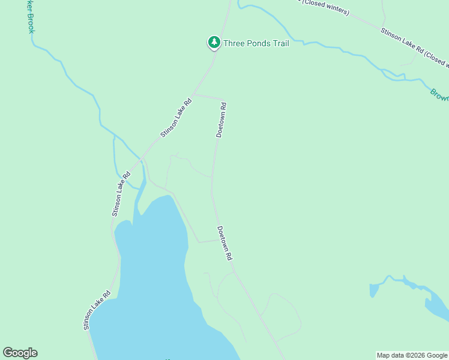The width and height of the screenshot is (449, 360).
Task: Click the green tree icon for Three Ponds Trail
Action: click(214, 43)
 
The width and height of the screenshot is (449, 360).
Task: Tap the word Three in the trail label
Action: click(234, 43)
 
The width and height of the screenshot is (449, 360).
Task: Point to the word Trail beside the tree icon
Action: click(281, 43)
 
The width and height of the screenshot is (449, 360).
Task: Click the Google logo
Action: click(20, 353)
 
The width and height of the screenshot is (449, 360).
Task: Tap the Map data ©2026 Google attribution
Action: click(412, 355)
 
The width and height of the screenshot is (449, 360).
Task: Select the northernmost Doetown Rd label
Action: click(221, 121)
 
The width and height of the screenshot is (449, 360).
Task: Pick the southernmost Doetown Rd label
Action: click(224, 243)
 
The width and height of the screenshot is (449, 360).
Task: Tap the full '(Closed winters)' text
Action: click(325, 5)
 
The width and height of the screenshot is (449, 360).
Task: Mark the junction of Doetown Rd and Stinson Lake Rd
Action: click(193, 95)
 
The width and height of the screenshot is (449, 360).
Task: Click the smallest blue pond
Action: click(374, 290)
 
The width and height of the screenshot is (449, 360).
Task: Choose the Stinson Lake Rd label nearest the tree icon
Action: click(176, 118)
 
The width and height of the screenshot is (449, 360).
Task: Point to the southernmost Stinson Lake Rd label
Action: click(97, 310)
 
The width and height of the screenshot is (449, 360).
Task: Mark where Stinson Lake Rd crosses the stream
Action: click(141, 160)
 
